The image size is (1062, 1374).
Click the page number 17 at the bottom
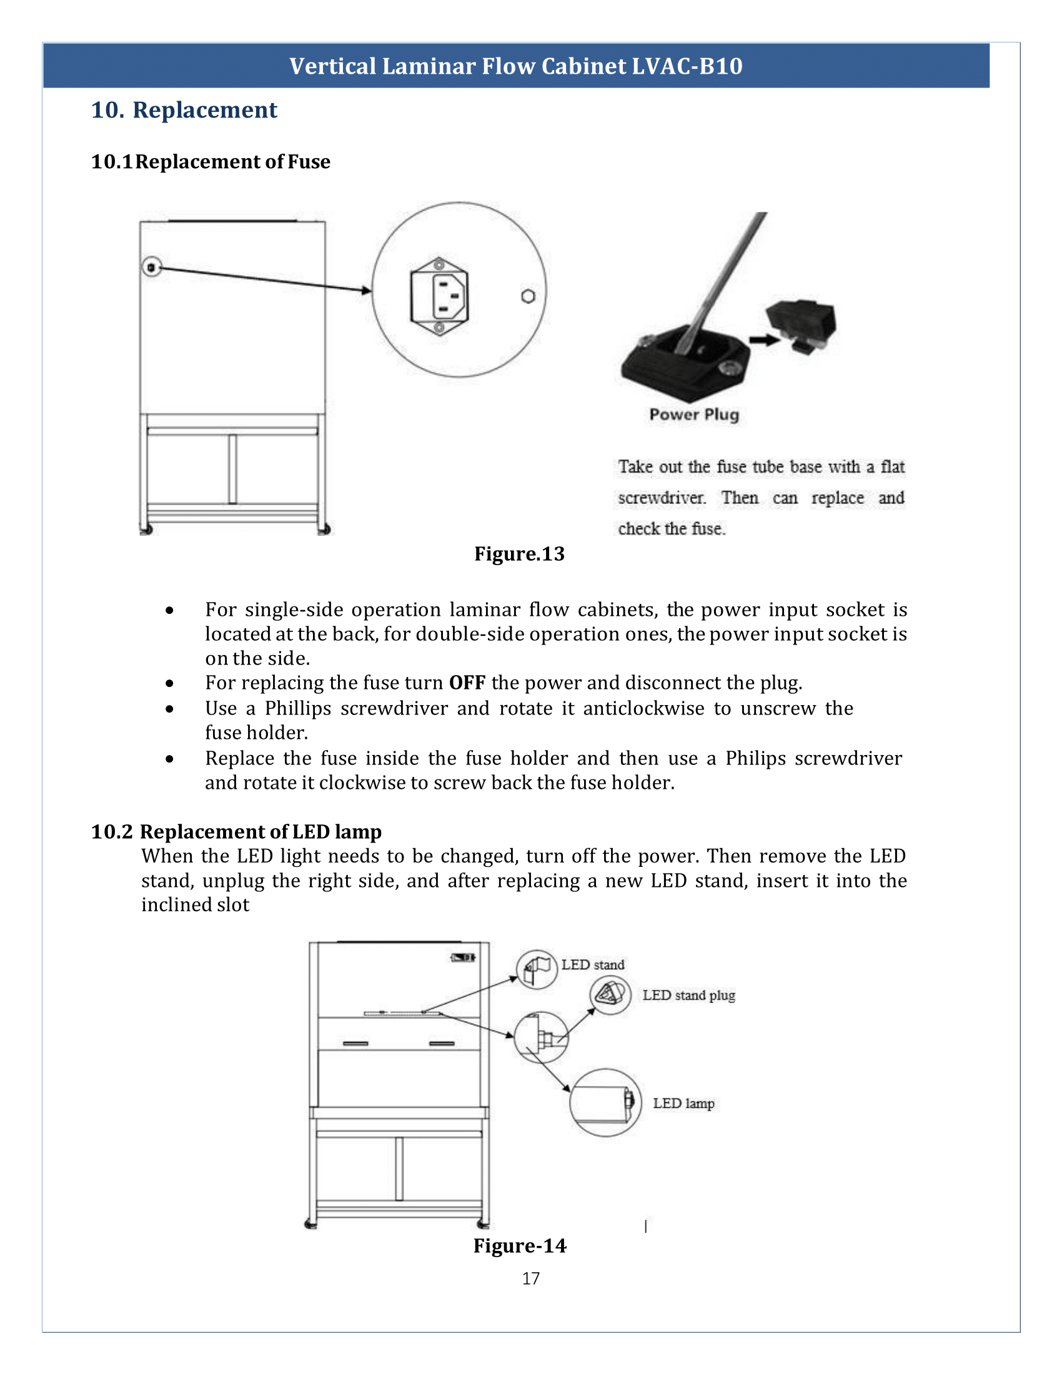[530, 1278]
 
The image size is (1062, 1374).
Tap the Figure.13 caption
[519, 553]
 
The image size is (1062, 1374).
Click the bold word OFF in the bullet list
[467, 683]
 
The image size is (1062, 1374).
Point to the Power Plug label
[694, 415]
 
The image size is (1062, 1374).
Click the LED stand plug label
[688, 996]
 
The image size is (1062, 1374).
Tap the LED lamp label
[683, 1104]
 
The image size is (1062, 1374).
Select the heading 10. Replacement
[184, 110]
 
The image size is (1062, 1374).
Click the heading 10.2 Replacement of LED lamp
[236, 832]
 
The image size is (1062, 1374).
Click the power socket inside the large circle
[440, 295]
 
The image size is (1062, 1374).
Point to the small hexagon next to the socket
[529, 296]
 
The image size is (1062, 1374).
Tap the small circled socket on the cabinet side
[151, 267]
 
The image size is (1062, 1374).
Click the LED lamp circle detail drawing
[605, 1103]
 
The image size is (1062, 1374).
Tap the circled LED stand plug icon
[610, 995]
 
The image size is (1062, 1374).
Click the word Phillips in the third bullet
[297, 708]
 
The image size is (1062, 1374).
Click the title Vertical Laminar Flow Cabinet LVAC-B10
[516, 66]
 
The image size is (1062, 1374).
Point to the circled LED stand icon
[536, 969]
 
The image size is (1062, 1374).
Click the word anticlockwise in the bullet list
[643, 708]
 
